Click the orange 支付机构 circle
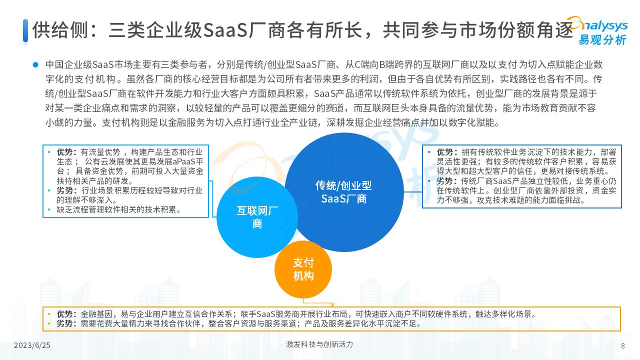pos(303,269)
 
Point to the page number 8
pos(622,345)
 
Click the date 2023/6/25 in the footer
pos(32,345)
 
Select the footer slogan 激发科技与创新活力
pos(319,344)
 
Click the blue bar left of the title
pos(25,30)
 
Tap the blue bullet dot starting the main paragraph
pos(35,64)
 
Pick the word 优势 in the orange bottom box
pos(65,314)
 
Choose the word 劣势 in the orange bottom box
pos(65,323)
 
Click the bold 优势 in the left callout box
pos(65,152)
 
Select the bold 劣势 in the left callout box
pos(65,190)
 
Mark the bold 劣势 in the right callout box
pos(445,180)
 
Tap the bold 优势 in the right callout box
pos(445,152)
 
